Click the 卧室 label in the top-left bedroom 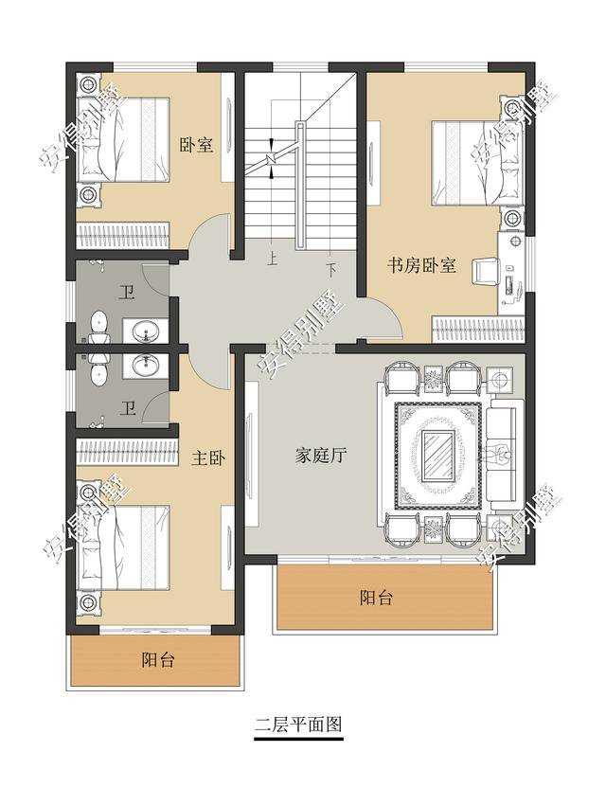pyautogui.click(x=196, y=145)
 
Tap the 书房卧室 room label pyautogui.click(x=421, y=266)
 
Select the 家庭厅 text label pyautogui.click(x=318, y=455)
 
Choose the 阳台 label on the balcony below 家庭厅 pyautogui.click(x=376, y=598)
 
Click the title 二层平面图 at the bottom pyautogui.click(x=297, y=726)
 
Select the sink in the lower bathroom pyautogui.click(x=144, y=365)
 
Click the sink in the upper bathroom pyautogui.click(x=144, y=331)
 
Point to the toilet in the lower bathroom pyautogui.click(x=98, y=370)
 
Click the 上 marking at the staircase pyautogui.click(x=272, y=258)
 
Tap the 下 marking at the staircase pyautogui.click(x=331, y=269)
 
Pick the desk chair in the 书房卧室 pyautogui.click(x=484, y=269)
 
